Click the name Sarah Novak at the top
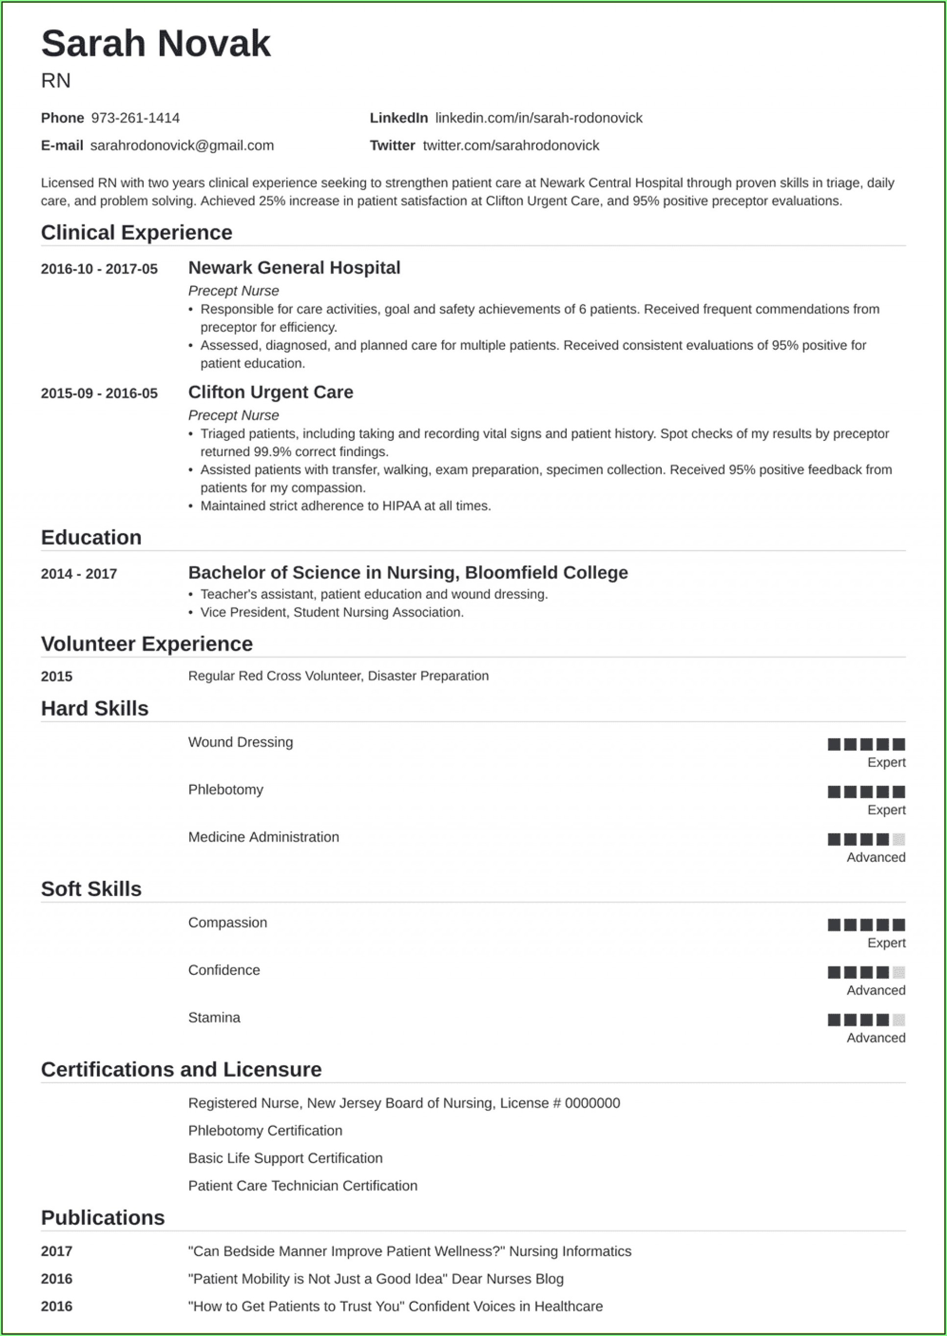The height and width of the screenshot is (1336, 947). coord(156,44)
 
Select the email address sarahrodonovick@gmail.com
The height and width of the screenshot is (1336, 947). coord(182,146)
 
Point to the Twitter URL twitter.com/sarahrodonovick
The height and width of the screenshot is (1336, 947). coord(511,146)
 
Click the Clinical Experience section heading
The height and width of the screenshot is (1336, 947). coord(136,233)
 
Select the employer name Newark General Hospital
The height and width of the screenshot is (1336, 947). coord(294,267)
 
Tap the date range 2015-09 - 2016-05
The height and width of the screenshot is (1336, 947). coord(99,393)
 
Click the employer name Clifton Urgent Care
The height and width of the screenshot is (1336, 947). coord(271,392)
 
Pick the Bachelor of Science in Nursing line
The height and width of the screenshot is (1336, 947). coord(408,572)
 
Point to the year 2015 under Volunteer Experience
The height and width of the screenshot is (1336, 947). coord(56,676)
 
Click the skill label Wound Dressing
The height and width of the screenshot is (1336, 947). coord(240,742)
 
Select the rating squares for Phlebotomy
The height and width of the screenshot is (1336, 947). coord(866,792)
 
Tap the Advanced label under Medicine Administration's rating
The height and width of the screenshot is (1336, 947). coord(876,857)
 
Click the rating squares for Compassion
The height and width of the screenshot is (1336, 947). coord(866,924)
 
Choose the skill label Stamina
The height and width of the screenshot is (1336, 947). coord(214,1018)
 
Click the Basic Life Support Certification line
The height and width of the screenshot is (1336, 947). coord(285,1158)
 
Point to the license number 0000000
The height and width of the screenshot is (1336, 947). coord(592,1103)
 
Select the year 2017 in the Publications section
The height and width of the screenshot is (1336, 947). coord(56,1251)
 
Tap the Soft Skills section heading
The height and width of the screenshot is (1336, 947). coord(91,889)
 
